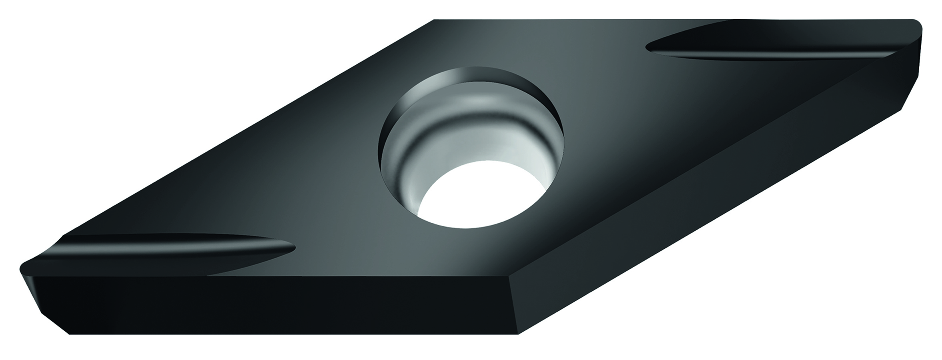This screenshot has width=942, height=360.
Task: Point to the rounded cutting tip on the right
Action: click(x=916, y=28)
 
